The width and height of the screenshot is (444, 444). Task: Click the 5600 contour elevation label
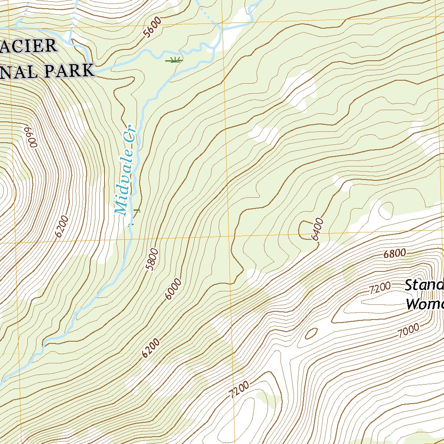tap(153, 27)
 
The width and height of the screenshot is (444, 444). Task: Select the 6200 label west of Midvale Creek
tap(62, 226)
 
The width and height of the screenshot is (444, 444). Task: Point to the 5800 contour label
tap(152, 260)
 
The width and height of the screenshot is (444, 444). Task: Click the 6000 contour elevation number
tap(173, 290)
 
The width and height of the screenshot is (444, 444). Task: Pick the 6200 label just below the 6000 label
tap(151, 348)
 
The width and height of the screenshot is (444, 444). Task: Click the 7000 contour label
tap(408, 331)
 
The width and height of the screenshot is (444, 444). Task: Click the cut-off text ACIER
tap(28, 46)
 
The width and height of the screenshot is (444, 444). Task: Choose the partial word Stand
tap(424, 285)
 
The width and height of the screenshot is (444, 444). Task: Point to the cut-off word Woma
tap(424, 304)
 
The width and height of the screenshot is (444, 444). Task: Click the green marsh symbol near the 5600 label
tap(174, 60)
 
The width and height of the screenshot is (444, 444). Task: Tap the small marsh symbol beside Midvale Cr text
tap(136, 211)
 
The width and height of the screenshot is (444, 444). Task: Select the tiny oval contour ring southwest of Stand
tap(311, 333)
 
